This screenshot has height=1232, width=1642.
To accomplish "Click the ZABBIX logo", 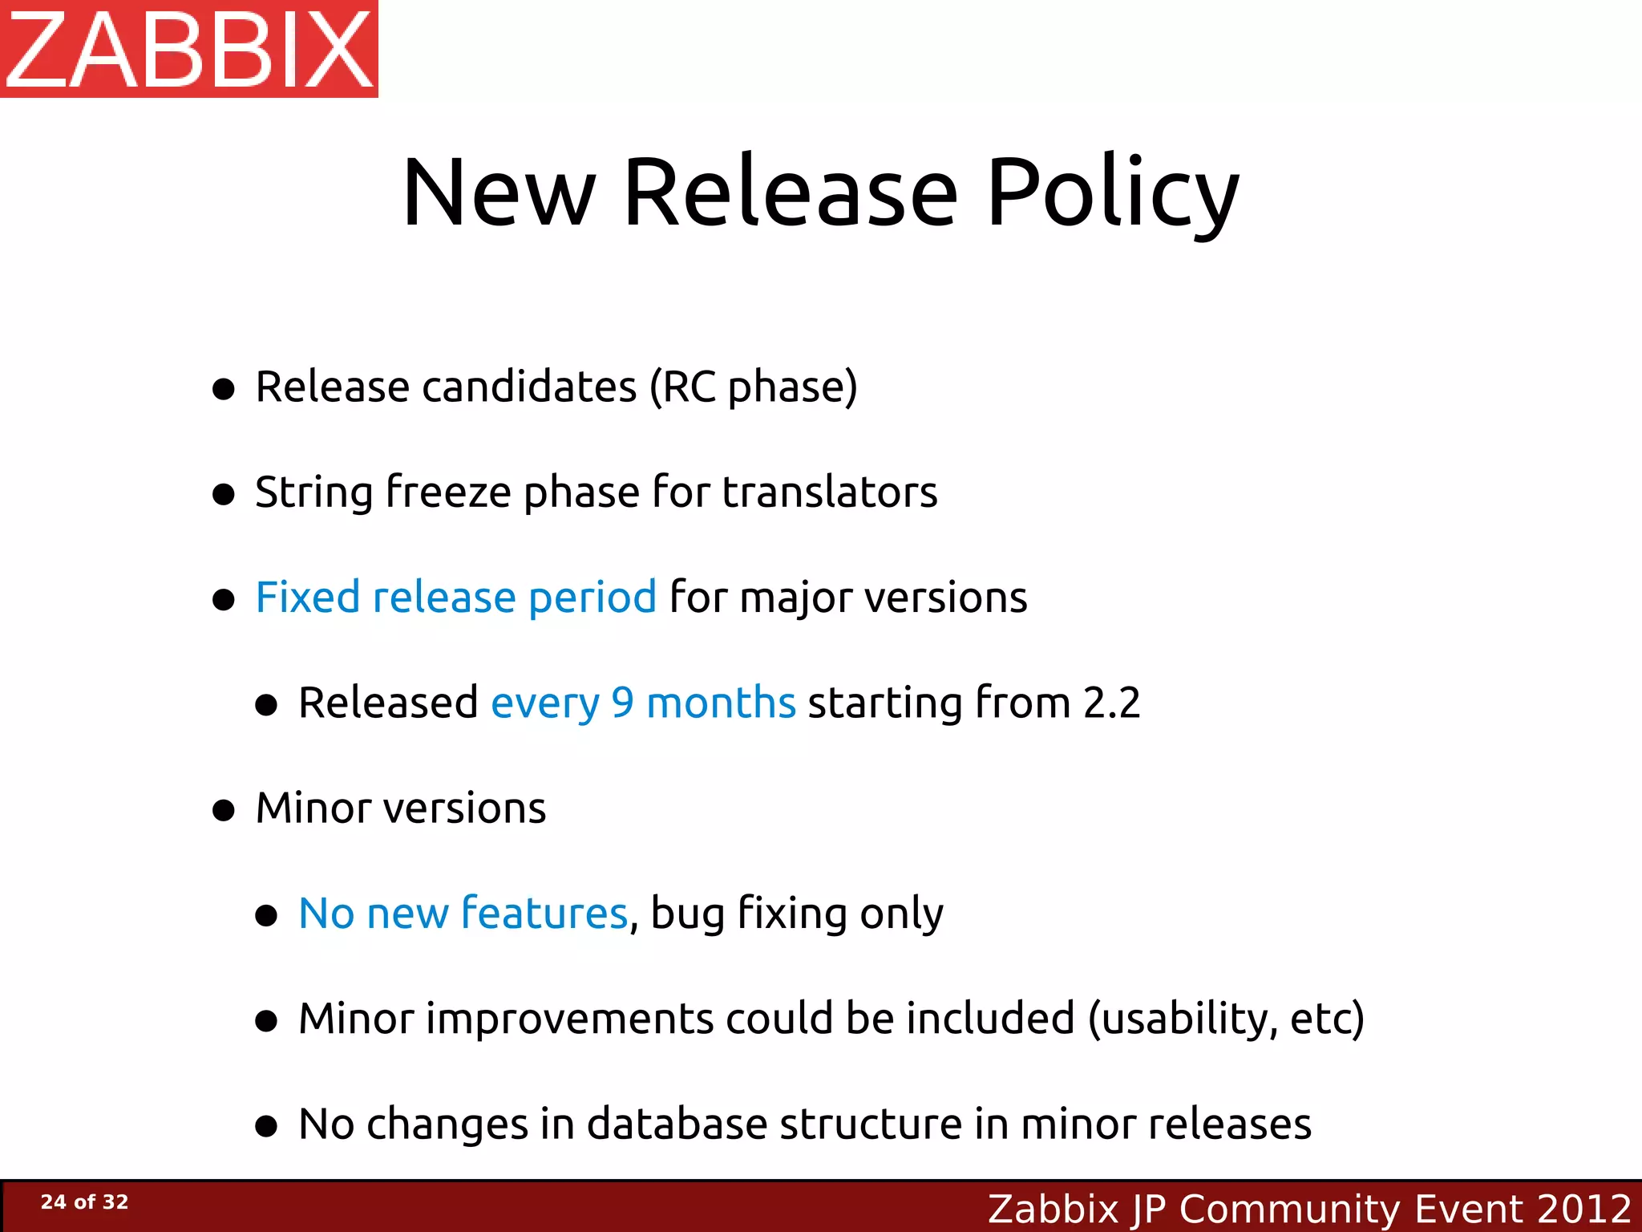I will point(189,49).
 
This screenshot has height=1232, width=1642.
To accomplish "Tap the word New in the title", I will point(499,193).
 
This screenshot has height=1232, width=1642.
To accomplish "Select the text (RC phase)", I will point(753,388).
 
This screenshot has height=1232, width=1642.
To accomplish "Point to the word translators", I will point(829,492).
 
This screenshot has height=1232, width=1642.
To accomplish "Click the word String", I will point(313,493).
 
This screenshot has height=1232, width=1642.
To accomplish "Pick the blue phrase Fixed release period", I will point(455,598).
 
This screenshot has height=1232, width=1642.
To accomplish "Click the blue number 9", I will point(622,703).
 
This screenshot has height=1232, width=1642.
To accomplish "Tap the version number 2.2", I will point(1111,703).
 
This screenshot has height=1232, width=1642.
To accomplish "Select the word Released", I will point(388,703).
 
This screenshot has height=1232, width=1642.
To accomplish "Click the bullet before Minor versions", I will point(224,810).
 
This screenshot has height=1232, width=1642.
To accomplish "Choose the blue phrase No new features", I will point(463,914).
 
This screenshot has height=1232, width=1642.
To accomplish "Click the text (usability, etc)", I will point(1226,1019).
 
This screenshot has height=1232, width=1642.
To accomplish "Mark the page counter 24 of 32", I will point(84,1202).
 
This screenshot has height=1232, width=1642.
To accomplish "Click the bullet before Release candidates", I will point(224,390).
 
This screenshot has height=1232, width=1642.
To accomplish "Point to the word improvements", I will point(569,1019).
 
